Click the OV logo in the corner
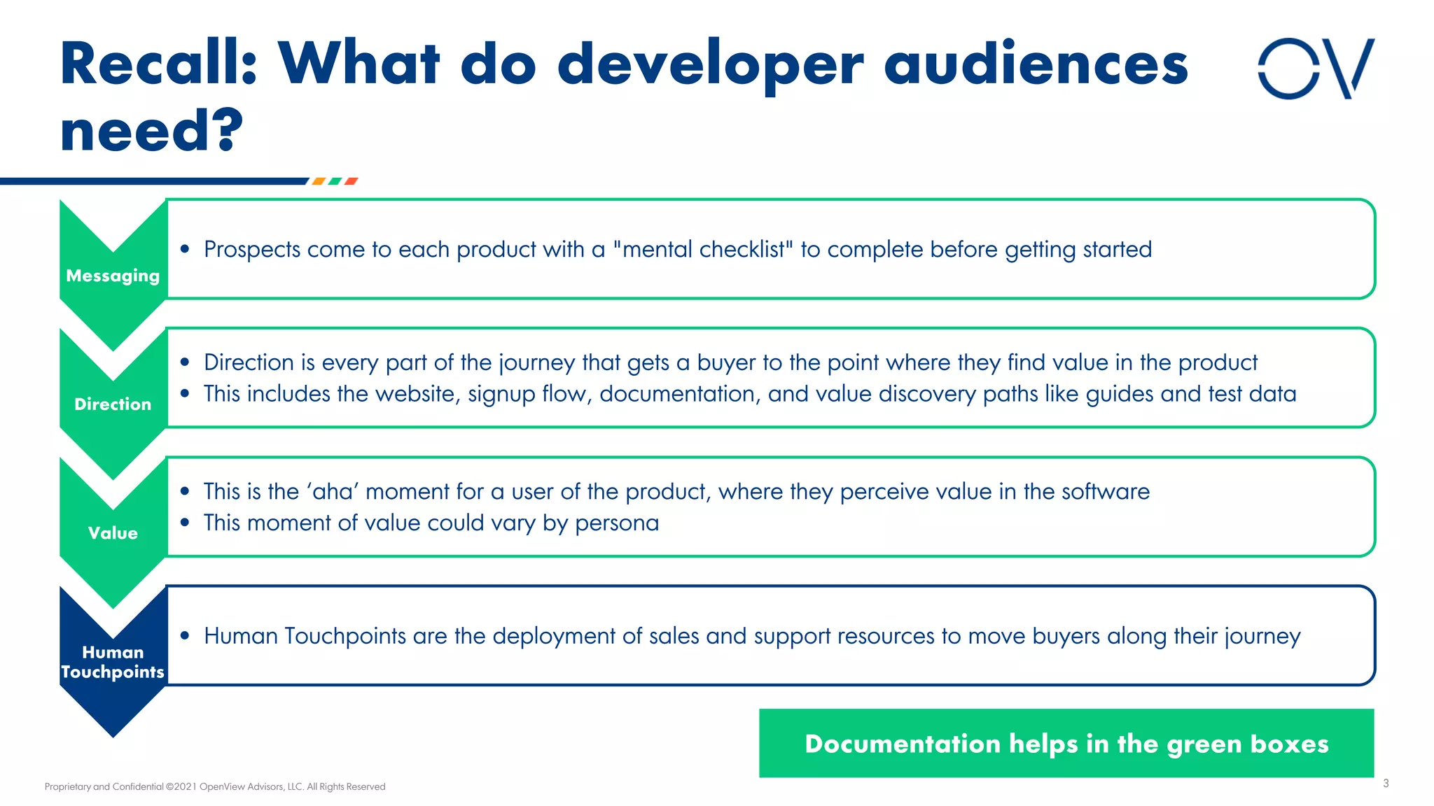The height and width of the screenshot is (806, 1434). [x=1316, y=69]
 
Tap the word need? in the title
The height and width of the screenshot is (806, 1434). [x=151, y=131]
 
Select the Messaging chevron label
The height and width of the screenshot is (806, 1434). [x=113, y=276]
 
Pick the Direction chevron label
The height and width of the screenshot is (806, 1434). [x=113, y=404]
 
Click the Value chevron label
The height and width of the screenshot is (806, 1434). [x=113, y=533]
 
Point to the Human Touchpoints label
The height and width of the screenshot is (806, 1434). [x=113, y=662]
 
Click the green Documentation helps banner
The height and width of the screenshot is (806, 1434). [x=1066, y=743]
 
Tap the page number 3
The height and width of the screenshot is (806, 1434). [x=1386, y=784]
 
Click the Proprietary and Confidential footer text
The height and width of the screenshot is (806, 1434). [x=215, y=786]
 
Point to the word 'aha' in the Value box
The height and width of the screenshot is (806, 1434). [x=333, y=492]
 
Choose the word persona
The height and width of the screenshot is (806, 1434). [x=617, y=523]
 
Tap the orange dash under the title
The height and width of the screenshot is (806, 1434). [x=319, y=181]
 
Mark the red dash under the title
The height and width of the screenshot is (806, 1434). [x=351, y=181]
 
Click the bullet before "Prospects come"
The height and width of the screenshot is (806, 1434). [x=185, y=250]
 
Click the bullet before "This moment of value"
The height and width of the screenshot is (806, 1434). [x=185, y=523]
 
